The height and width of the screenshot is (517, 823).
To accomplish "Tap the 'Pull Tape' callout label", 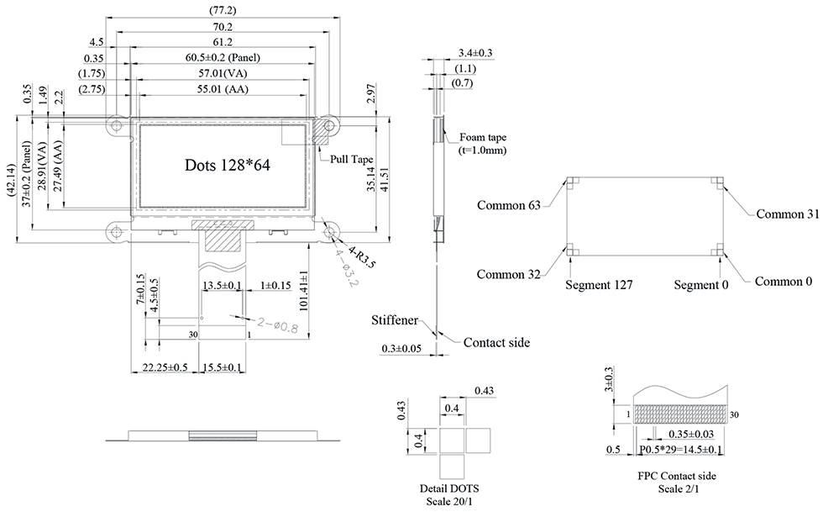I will coord(351,158).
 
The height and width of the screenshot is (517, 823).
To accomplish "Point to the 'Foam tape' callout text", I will coord(484,137).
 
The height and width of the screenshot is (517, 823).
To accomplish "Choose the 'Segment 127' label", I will coord(599,285).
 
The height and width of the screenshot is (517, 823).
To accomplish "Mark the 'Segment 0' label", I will coord(701,285).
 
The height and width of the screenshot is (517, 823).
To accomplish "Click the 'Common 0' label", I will coord(783,281).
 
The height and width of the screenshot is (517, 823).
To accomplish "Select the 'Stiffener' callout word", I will coord(397,320).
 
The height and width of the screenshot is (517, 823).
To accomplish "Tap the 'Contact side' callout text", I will coord(496,342).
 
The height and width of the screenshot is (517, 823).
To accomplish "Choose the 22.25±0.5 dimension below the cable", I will coord(165,367).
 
